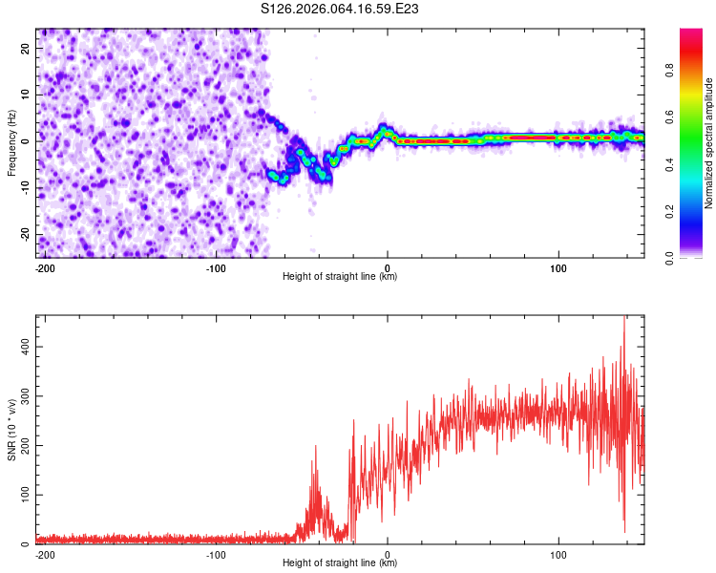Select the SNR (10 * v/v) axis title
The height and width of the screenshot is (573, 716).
11,430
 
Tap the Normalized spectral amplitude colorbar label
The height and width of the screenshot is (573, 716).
709,143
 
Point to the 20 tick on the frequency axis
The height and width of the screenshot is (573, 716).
27,48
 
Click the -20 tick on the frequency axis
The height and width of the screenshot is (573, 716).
25,235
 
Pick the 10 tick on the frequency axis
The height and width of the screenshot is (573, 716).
27,95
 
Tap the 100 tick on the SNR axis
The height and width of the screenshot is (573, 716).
22,494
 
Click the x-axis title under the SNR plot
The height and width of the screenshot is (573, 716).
340,563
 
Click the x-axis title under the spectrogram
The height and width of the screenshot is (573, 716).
340,277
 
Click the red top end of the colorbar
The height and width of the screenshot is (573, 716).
691,33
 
